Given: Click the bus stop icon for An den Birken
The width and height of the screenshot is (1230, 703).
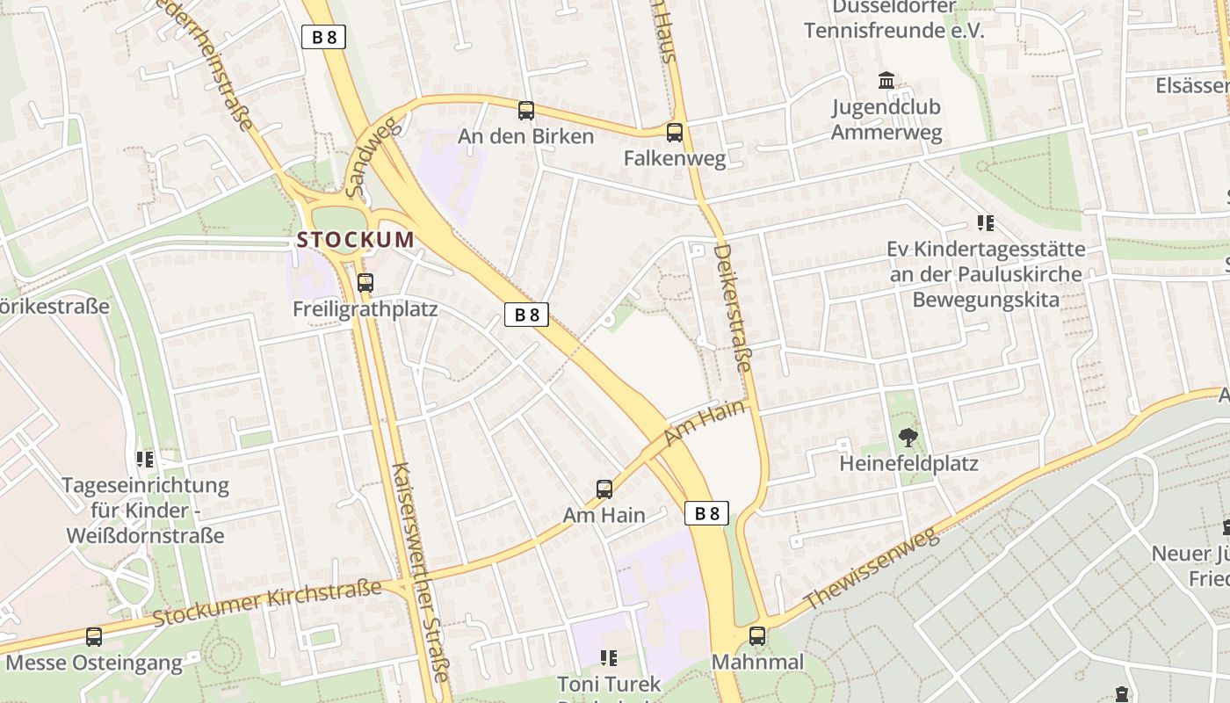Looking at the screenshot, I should click(526, 111).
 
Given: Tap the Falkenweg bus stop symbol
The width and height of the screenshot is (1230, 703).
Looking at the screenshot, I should click(675, 133).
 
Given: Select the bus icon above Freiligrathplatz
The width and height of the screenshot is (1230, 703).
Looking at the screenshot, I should click(365, 283).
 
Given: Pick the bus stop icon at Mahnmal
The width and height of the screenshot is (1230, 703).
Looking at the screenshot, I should click(757, 636).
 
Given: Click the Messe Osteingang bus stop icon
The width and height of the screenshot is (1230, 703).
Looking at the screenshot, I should click(94, 637).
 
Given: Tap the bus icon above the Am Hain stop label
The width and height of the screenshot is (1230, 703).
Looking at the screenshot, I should click(604, 489).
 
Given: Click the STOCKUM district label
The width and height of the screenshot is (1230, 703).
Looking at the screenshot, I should click(356, 240).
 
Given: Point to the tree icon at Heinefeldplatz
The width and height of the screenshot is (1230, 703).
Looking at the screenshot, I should click(908, 437).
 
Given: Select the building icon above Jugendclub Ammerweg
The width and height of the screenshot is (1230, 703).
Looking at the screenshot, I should click(886, 81).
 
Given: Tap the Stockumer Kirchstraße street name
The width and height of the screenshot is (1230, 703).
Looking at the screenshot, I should click(268, 603).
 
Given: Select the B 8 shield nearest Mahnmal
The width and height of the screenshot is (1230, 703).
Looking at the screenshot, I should click(706, 513).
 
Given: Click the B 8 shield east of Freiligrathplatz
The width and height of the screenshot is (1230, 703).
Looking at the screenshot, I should click(526, 315).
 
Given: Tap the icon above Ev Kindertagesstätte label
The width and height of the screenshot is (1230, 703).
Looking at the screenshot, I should click(986, 223).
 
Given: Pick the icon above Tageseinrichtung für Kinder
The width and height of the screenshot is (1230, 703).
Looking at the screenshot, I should click(146, 459).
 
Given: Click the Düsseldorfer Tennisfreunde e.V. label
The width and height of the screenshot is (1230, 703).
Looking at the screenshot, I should click(894, 19).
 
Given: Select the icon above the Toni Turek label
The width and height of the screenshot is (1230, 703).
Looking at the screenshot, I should click(608, 657).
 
